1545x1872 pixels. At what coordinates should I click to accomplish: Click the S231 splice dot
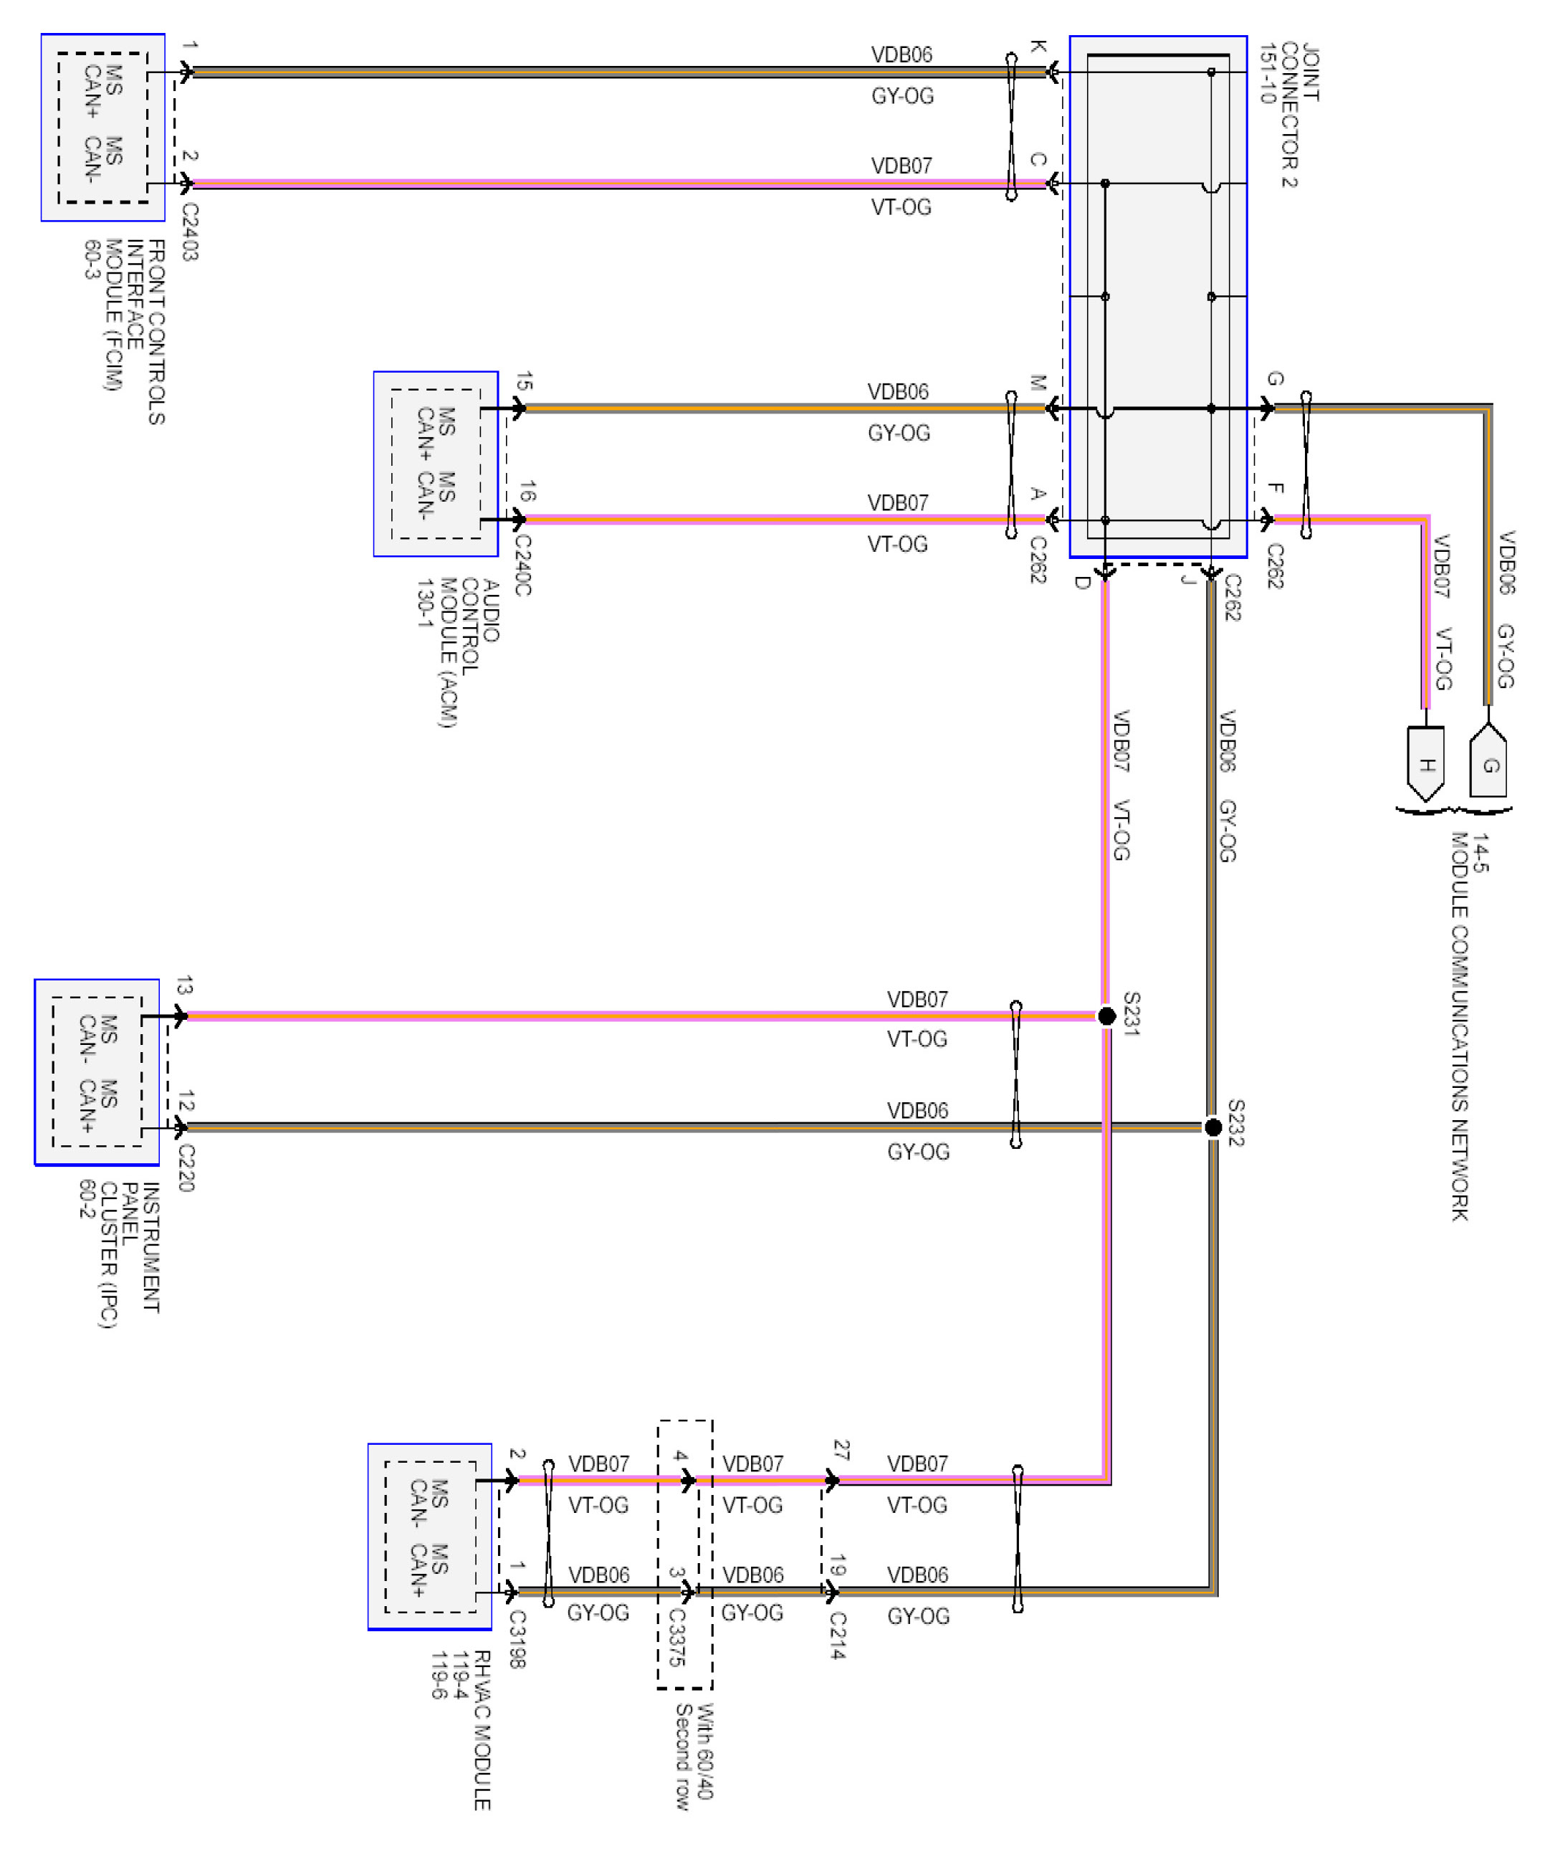coord(1106,1016)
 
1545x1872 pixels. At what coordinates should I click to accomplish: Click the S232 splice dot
coord(1212,1127)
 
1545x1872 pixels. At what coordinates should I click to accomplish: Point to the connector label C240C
coord(522,565)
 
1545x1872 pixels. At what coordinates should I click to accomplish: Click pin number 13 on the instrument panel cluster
coord(184,985)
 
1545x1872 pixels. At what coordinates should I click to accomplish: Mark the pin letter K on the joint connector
coord(1038,47)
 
